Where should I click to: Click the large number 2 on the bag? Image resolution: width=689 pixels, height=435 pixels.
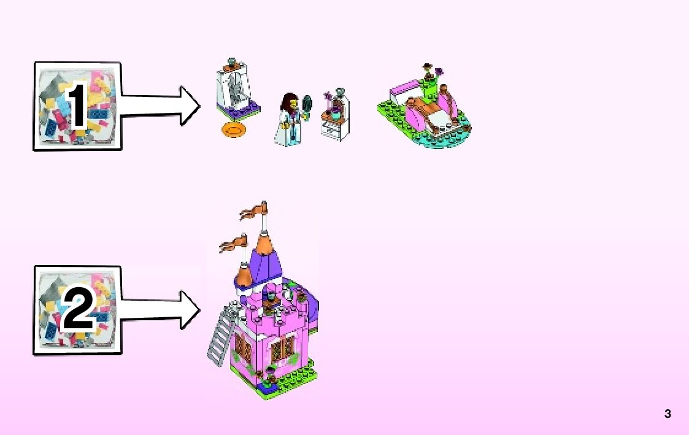click(x=78, y=310)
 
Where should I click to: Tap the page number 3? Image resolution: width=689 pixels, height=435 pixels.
click(x=668, y=414)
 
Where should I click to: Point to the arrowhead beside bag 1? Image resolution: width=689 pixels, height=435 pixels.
click(x=189, y=106)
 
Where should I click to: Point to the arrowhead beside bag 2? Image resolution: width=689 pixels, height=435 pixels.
click(x=189, y=310)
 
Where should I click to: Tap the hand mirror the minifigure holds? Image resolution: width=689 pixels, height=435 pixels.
click(x=307, y=101)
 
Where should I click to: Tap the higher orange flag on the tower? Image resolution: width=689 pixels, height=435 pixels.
click(x=252, y=213)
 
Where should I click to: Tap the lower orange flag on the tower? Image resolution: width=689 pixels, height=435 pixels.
click(x=230, y=245)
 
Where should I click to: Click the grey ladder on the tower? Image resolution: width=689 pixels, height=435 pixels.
click(x=222, y=336)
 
